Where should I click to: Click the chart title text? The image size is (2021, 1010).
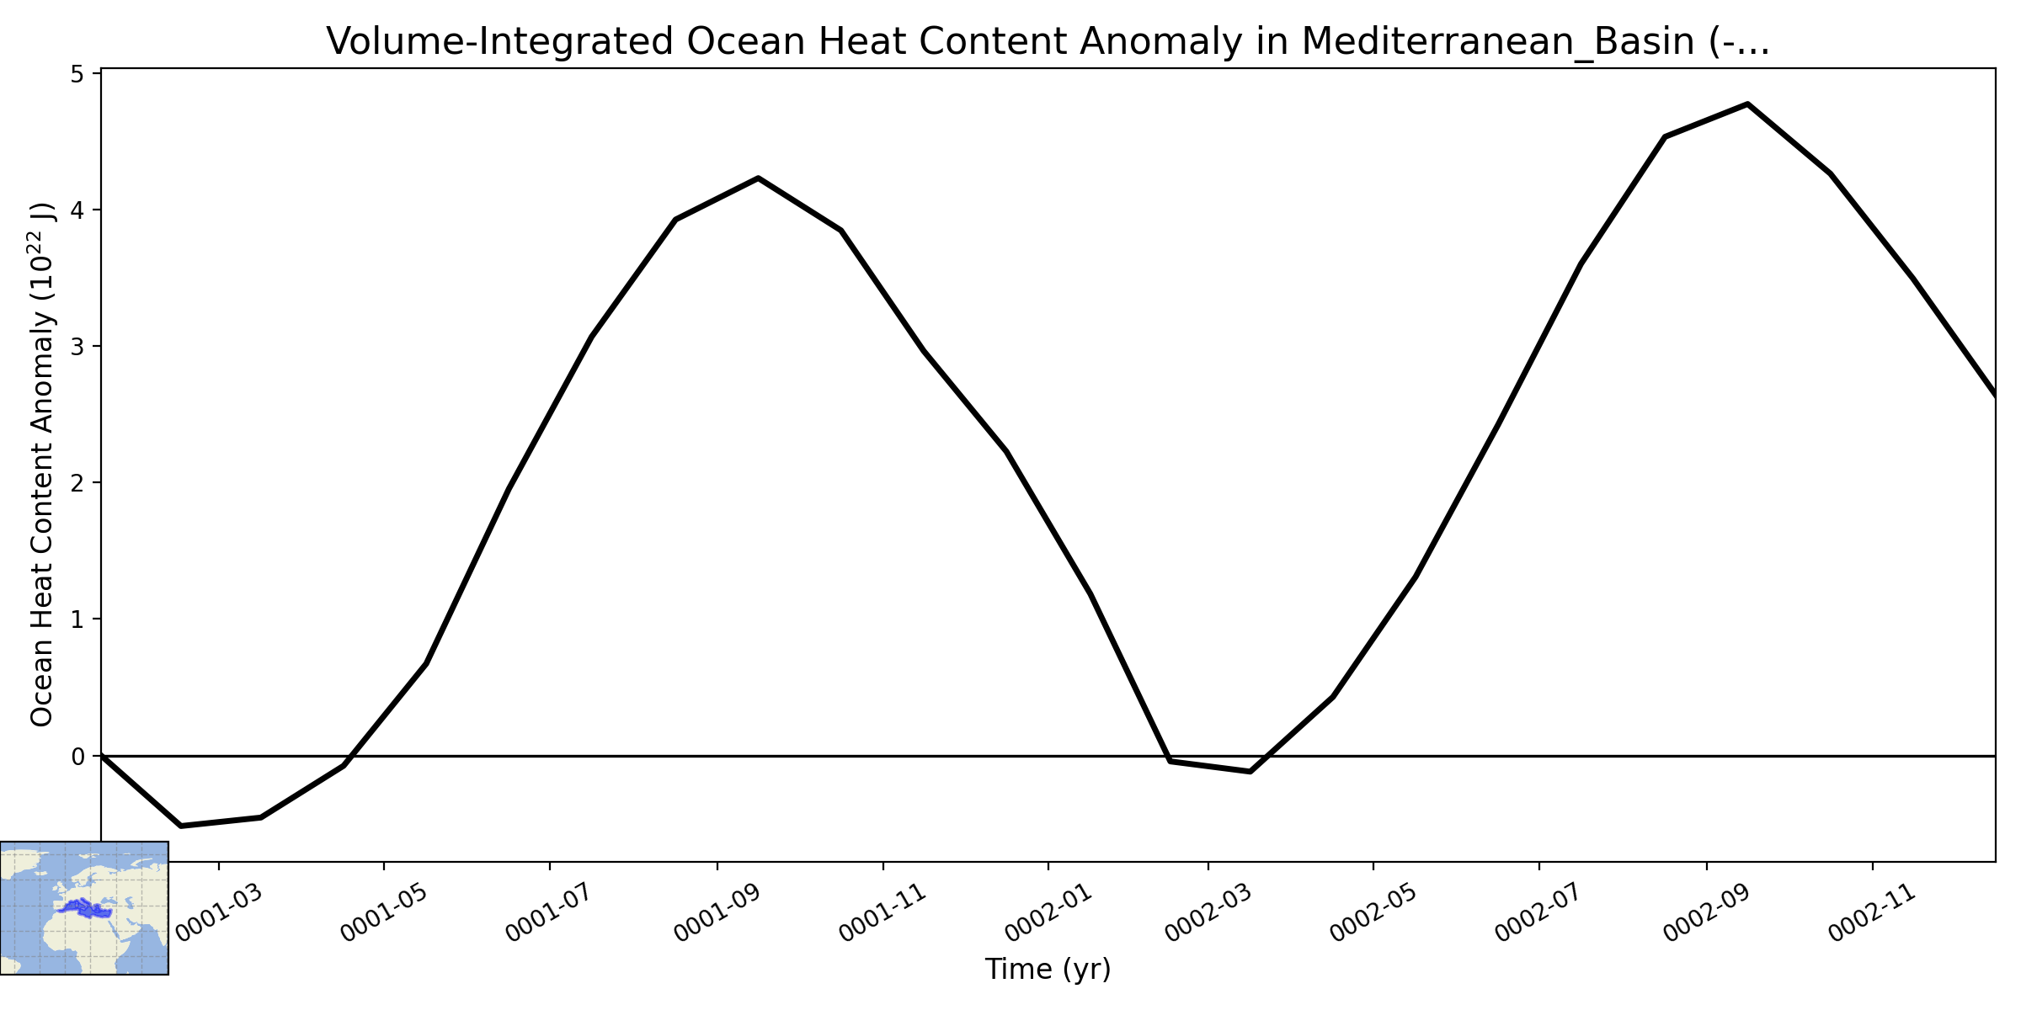pyautogui.click(x=1048, y=41)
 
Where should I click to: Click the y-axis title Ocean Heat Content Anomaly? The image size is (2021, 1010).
pyautogui.click(x=42, y=464)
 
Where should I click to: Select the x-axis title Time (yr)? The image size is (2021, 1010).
pyautogui.click(x=1048, y=970)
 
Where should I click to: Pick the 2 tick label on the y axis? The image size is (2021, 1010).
pyautogui.click(x=77, y=482)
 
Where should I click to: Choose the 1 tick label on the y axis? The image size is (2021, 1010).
pyautogui.click(x=77, y=619)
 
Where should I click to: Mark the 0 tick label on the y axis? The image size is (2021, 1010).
pyautogui.click(x=77, y=756)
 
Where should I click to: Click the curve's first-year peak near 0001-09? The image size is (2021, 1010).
pyautogui.click(x=759, y=178)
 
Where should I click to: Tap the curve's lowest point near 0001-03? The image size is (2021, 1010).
pyautogui.click(x=181, y=826)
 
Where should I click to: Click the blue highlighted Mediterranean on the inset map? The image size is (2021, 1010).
pyautogui.click(x=87, y=908)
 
